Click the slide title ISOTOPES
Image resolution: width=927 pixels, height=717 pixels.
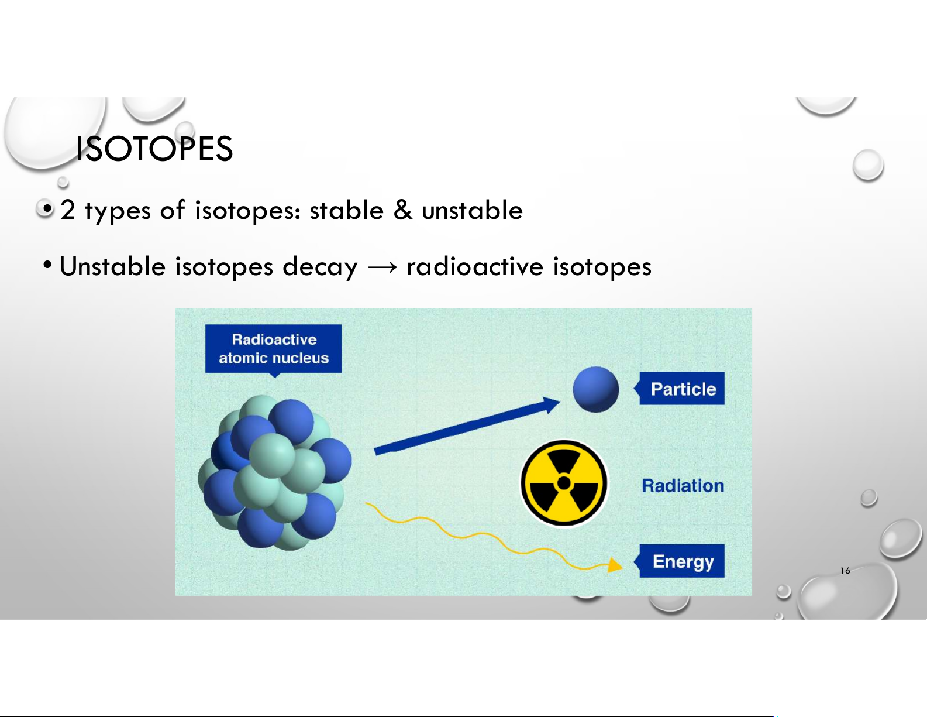154,149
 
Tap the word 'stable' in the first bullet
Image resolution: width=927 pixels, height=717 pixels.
346,210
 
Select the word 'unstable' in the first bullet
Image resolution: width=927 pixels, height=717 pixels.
472,210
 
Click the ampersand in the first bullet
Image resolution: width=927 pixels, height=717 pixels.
403,210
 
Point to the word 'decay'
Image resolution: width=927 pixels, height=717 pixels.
320,267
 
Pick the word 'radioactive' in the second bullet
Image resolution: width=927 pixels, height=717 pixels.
475,266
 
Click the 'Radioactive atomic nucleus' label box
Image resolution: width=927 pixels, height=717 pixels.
274,349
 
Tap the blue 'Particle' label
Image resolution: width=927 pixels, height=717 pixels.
681,389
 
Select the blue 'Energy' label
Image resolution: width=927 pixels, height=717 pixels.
681,561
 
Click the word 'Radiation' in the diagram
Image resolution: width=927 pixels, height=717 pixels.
683,486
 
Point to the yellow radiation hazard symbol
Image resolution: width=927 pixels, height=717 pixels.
564,483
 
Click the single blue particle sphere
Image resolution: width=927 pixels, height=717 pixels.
595,389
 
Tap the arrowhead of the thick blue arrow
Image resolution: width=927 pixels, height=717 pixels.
552,404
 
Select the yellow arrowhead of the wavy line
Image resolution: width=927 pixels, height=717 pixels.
615,565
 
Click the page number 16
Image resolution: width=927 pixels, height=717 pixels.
845,571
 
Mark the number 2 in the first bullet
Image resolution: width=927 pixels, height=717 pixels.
67,210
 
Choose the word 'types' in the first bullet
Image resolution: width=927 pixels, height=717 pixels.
118,211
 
